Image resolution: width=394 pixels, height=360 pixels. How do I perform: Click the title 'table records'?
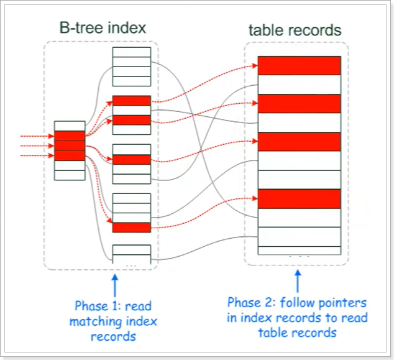[295, 29]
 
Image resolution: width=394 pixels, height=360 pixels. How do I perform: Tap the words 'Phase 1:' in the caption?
[94, 306]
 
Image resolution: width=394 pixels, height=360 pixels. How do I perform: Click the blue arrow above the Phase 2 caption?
[297, 281]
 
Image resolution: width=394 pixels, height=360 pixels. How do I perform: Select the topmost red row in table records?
[300, 65]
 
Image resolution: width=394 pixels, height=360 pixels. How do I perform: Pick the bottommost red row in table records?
[300, 198]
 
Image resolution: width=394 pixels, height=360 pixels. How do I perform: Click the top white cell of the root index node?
[69, 126]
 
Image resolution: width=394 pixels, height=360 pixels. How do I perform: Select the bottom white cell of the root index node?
[69, 175]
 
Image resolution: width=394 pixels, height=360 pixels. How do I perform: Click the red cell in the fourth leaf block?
[131, 228]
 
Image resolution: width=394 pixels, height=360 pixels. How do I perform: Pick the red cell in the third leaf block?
[131, 160]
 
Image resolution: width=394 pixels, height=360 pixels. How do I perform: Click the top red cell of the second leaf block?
[131, 101]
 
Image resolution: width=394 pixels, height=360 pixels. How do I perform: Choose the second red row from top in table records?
[300, 103]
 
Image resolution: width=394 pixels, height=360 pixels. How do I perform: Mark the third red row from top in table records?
[300, 142]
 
